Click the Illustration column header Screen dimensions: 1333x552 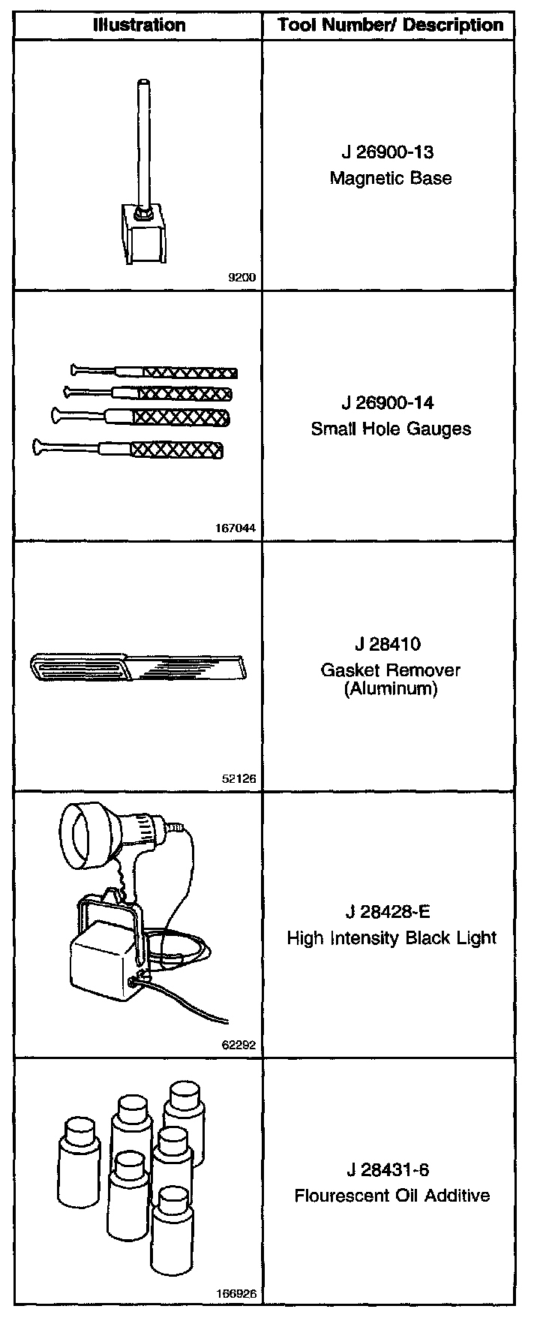139,25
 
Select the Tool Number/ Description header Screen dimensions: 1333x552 390,25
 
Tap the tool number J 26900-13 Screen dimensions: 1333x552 388,152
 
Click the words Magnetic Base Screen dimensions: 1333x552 391,179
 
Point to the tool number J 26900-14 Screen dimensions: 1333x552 388,403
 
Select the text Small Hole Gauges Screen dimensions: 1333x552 391,429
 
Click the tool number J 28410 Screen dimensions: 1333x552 388,645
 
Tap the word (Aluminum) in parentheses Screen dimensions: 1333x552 391,688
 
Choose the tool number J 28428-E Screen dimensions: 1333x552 388,912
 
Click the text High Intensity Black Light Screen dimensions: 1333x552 391,938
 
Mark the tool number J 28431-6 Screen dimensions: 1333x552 388,1170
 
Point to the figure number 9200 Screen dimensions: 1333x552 241,278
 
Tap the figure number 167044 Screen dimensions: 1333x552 236,528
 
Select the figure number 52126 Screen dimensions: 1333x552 239,778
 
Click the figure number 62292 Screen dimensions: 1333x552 239,1044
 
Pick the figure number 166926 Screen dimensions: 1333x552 236,1293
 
